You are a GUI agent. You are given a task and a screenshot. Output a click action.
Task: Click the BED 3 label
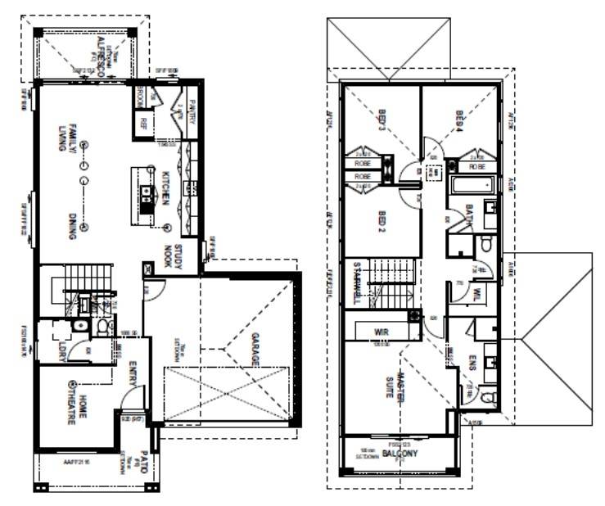[x=382, y=121]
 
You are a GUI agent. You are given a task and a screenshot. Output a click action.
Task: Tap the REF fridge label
[x=143, y=124]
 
